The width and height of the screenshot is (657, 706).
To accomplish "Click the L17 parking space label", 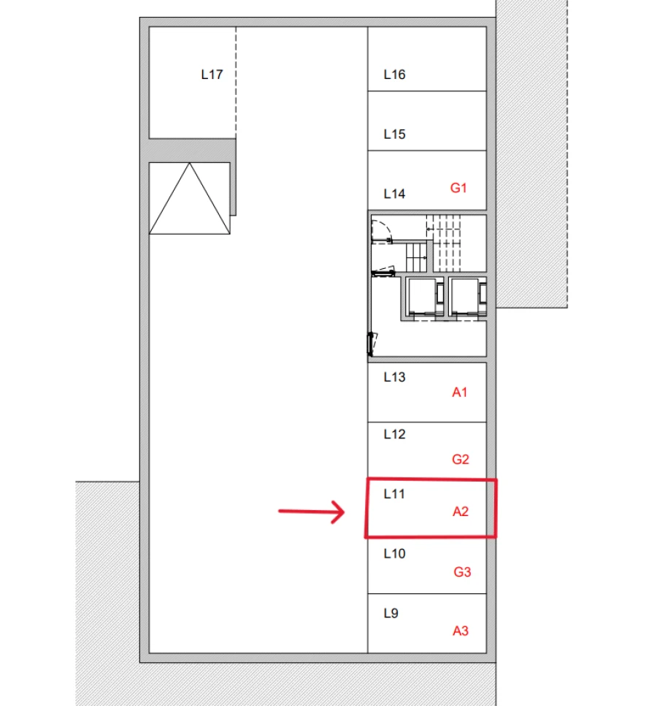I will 212,75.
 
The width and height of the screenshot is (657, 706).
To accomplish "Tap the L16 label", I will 394,75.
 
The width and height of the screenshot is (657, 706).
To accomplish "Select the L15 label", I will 394,134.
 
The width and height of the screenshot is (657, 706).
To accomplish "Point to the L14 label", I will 394,194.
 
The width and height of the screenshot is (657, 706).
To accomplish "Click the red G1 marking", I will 458,188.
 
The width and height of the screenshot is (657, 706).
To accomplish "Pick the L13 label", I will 394,378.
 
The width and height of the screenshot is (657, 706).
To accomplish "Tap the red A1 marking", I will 459,392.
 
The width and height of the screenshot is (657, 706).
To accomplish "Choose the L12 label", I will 394,435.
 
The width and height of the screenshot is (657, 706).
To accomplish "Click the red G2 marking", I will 460,460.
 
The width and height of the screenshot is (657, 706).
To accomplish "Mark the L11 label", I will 394,495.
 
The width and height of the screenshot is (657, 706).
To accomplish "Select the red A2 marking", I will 460,512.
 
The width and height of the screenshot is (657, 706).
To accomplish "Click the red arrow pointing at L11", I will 312,512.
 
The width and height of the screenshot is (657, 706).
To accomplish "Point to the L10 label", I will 394,554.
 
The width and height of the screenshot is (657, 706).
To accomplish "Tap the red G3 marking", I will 461,572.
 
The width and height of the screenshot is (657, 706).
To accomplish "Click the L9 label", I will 391,614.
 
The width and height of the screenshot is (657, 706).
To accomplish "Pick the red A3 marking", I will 460,631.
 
